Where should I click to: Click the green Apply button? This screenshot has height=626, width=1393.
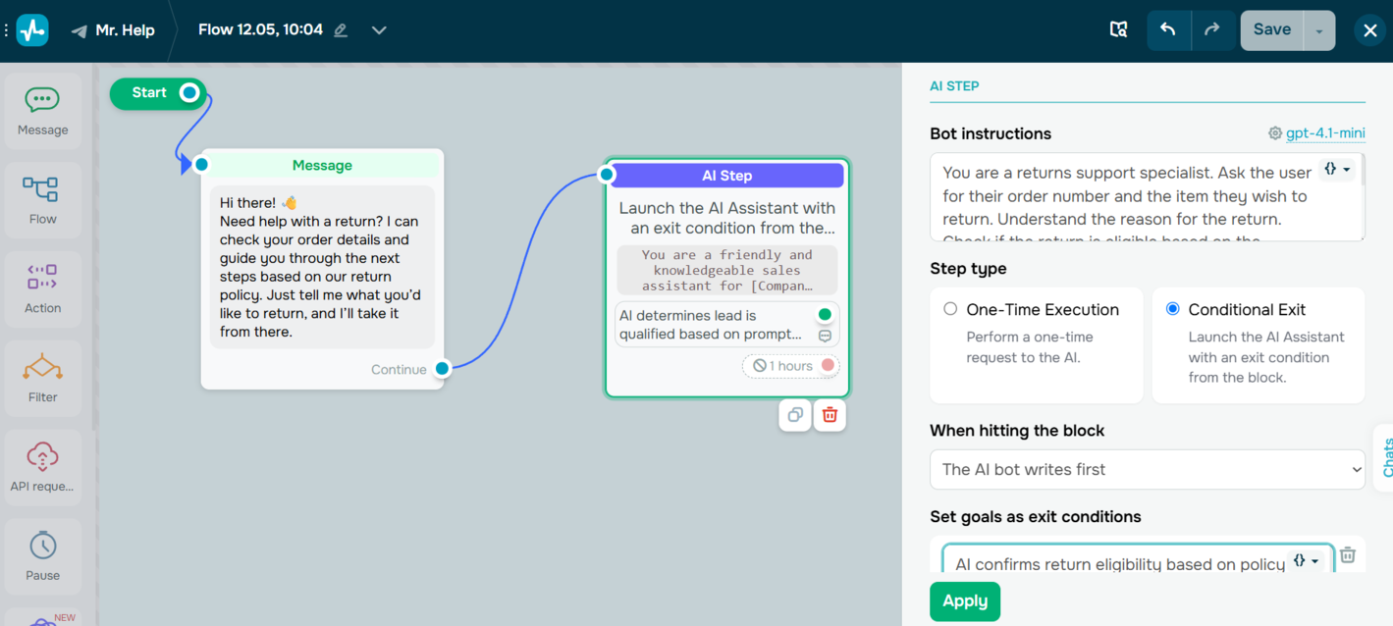(964, 601)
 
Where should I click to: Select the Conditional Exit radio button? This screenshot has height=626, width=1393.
(1172, 309)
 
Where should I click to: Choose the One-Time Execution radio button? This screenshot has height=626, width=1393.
(950, 309)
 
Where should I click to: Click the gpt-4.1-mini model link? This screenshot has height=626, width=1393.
(1315, 133)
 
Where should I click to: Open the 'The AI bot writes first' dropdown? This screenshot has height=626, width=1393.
(1147, 469)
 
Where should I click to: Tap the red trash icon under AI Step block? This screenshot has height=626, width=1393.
(830, 415)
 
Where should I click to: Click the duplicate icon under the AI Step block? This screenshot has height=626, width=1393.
(795, 415)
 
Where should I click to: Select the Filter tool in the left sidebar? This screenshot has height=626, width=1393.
(42, 379)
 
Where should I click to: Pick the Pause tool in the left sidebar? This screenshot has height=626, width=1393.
(42, 556)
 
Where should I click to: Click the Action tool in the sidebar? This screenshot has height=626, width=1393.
(42, 289)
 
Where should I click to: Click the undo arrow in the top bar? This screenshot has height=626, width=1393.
(1168, 29)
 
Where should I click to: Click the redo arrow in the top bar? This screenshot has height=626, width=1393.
(1212, 29)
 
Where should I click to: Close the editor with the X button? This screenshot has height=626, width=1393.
(1369, 30)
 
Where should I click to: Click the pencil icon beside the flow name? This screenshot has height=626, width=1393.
(341, 30)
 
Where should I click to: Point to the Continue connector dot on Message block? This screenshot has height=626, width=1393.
(443, 369)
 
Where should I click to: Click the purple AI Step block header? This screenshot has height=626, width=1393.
(726, 176)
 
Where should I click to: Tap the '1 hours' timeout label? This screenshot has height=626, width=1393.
(783, 366)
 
